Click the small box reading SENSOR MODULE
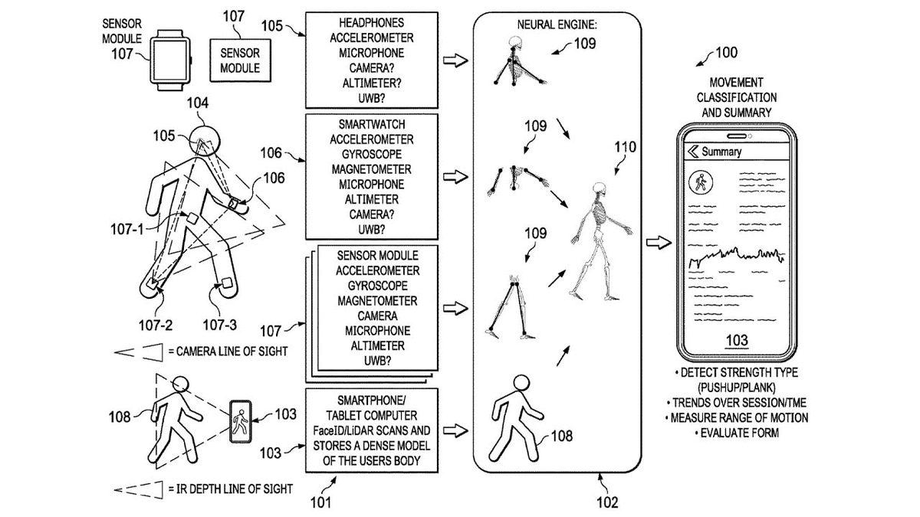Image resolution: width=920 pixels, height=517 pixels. point(239,61)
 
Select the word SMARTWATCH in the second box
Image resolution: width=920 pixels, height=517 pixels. point(372,125)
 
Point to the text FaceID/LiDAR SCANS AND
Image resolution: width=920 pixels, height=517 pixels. point(372,430)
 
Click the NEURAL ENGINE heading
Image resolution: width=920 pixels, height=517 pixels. point(557,25)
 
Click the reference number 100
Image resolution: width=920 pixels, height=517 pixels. point(724,53)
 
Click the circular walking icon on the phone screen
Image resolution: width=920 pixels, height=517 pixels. point(700,182)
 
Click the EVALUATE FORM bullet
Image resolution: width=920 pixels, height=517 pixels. point(736,434)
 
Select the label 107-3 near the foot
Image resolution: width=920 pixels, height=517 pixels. point(221,325)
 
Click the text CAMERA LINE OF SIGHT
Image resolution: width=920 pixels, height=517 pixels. point(232,352)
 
